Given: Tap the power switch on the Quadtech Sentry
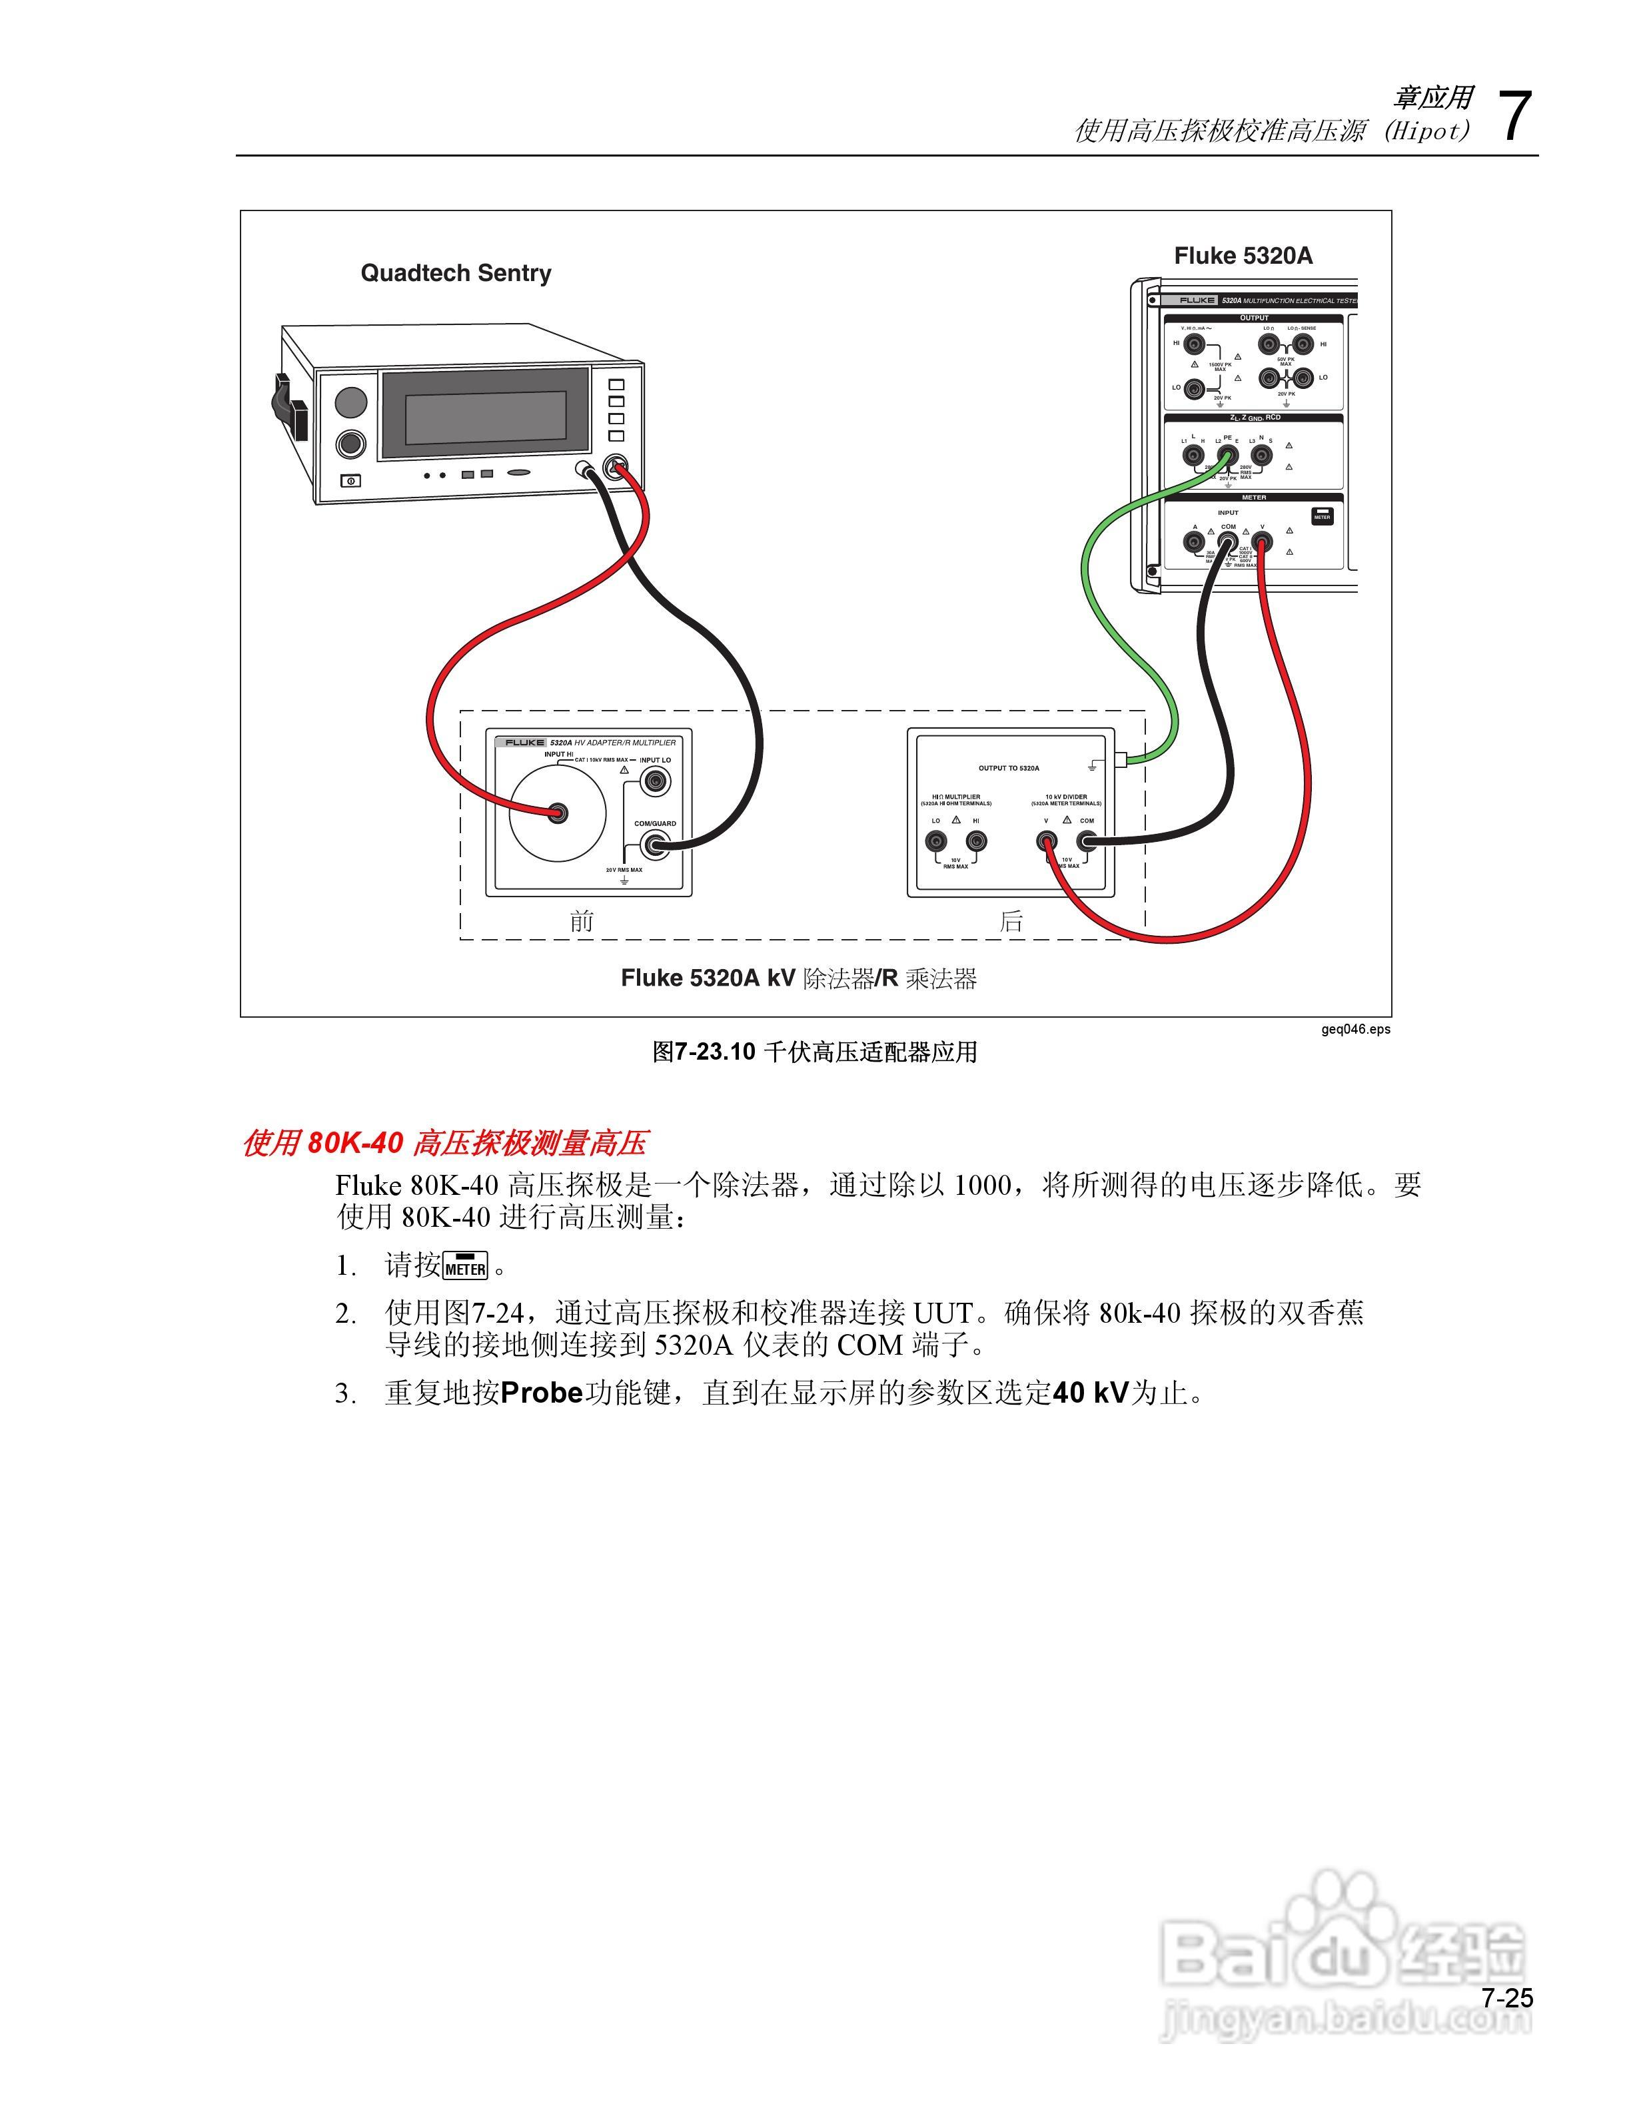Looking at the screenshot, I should [350, 480].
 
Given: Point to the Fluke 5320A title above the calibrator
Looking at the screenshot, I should [1243, 256].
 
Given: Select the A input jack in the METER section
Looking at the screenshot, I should [1194, 543].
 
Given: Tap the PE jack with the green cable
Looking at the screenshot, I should [1227, 454].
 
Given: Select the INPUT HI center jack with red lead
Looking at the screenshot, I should [558, 813].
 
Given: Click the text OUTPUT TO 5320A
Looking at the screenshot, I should [1009, 768].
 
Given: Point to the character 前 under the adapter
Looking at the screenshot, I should [582, 920].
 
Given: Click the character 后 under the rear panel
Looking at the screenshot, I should [1011, 920].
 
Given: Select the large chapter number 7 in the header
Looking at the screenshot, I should [1514, 118].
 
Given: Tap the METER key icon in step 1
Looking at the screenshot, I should [466, 1265].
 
